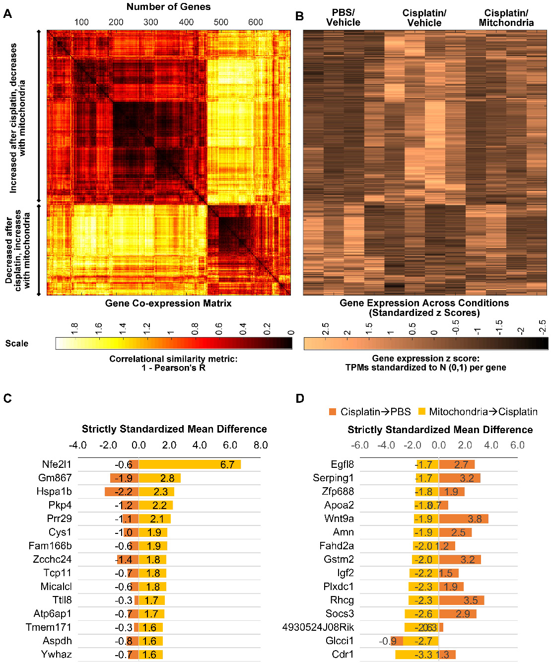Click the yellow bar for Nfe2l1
point(189,464)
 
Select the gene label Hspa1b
point(54,492)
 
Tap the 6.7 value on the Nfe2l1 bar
point(227,465)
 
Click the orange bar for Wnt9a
point(464,519)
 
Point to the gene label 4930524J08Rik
point(318,627)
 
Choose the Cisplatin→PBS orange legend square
point(333,412)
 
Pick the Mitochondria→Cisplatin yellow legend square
point(422,412)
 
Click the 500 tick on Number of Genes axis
point(221,22)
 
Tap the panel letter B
point(299,16)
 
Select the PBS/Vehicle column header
point(343,18)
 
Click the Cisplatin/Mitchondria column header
point(506,18)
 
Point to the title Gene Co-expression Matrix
point(168,303)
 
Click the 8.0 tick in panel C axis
point(261,445)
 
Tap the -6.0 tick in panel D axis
point(359,445)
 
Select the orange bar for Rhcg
point(462,600)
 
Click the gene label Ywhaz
point(57,655)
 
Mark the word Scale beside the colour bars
point(17,344)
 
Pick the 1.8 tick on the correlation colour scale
point(74,328)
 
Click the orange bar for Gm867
point(124,478)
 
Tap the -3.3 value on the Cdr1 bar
point(423,655)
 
